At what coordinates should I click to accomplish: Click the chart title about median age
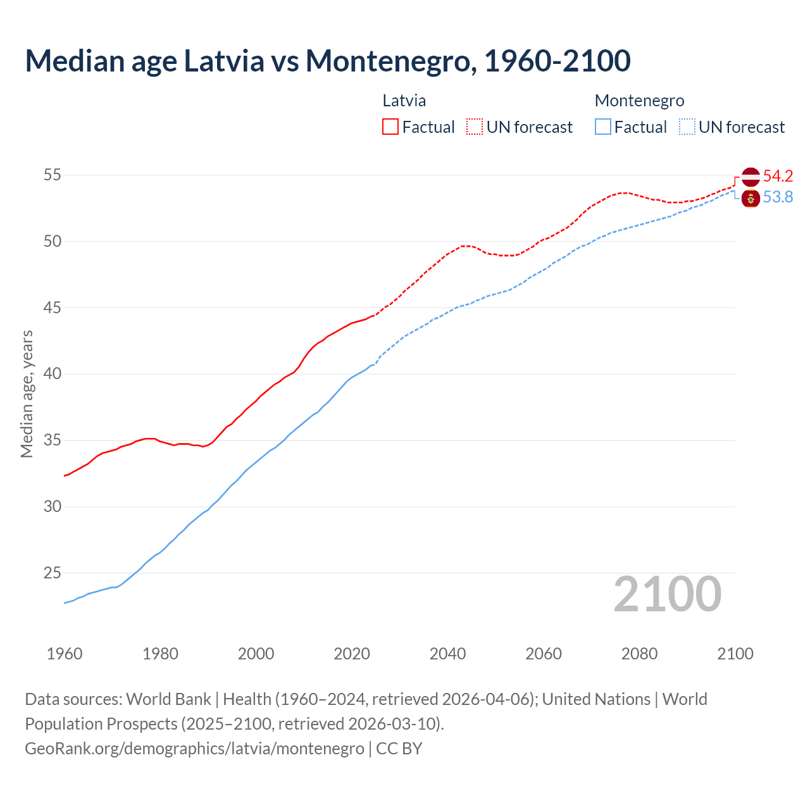328,61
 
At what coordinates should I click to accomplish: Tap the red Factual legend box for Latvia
390,127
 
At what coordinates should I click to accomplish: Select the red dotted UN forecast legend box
475,127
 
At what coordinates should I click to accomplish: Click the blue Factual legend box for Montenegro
603,127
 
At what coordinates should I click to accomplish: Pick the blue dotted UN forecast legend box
687,127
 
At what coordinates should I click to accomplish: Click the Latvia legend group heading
404,101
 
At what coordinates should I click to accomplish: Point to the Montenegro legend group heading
639,101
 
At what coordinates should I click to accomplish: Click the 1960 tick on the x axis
65,654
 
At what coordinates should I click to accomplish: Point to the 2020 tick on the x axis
352,654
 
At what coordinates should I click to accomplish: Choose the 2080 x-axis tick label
639,654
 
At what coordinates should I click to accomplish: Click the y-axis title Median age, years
27,394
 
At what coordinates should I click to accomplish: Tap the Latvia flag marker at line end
751,177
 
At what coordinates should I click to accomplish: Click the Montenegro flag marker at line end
751,198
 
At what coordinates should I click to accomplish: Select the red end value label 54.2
778,176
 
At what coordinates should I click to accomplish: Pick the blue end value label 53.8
778,197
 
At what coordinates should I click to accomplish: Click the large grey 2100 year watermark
668,594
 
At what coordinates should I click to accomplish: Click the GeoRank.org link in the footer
194,748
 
